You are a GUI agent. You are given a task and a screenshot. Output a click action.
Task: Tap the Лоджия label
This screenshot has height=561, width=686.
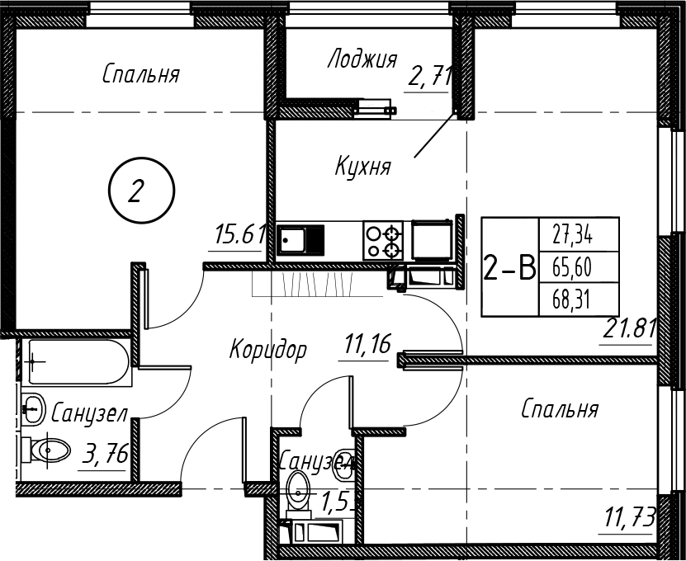(362, 59)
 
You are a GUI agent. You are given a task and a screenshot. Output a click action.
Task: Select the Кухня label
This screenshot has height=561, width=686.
(362, 166)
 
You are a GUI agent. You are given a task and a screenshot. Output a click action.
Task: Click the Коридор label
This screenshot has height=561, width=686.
(268, 350)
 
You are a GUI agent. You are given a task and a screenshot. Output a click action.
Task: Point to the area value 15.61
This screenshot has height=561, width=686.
(236, 236)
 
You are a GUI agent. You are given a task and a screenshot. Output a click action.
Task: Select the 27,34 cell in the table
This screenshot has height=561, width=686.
(579, 237)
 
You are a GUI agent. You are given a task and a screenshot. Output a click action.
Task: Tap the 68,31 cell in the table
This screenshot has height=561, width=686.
(579, 298)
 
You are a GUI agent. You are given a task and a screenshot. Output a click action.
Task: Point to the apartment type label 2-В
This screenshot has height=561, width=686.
(509, 267)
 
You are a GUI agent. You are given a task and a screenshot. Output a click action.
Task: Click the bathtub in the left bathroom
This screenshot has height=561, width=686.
(75, 361)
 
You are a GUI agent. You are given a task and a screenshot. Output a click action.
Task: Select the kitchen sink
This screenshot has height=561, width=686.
(300, 241)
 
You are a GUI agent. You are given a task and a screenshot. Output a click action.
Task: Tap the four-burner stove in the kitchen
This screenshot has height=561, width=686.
(383, 241)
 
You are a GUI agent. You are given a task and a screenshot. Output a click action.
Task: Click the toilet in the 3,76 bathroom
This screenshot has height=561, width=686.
(48, 450)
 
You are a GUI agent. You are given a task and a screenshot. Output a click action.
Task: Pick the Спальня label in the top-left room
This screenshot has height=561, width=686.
(141, 74)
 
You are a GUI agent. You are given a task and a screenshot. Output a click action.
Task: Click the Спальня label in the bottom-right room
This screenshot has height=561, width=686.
(560, 408)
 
